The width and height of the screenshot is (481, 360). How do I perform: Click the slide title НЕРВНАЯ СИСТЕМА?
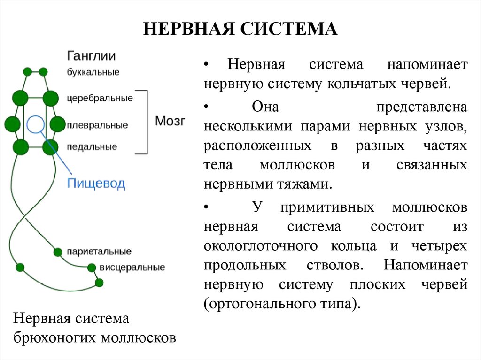[240, 29]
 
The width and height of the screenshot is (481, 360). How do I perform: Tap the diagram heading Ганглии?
[91, 56]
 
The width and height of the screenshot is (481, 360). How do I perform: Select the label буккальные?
[93, 72]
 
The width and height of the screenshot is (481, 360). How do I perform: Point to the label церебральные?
[100, 99]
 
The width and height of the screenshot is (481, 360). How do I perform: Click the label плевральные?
[97, 125]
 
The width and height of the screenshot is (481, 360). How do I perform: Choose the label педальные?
[92, 147]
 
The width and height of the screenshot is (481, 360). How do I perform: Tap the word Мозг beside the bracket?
[170, 121]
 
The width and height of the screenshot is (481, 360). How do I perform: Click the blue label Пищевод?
[96, 183]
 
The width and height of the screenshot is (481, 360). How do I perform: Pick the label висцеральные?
[132, 268]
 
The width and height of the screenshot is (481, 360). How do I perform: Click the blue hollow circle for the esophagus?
[36, 124]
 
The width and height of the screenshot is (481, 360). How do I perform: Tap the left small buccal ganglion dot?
[27, 72]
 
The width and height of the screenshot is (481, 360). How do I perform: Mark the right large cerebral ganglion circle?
[50, 98]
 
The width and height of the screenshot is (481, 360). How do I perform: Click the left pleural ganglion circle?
[13, 124]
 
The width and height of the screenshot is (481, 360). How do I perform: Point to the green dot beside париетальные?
[58, 252]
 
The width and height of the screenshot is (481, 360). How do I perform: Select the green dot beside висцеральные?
[91, 268]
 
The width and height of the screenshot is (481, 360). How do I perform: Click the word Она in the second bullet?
[265, 107]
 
